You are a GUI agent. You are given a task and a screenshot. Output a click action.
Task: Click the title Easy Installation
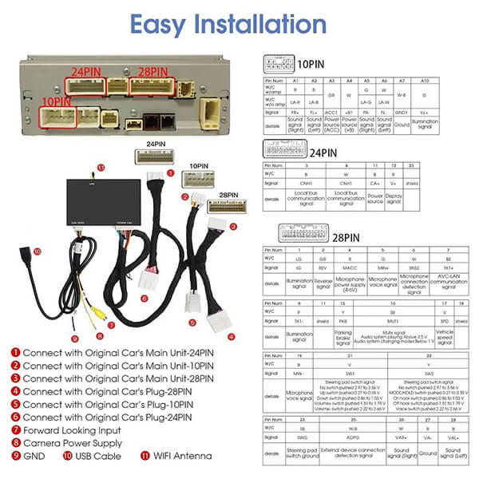point(239,23)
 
